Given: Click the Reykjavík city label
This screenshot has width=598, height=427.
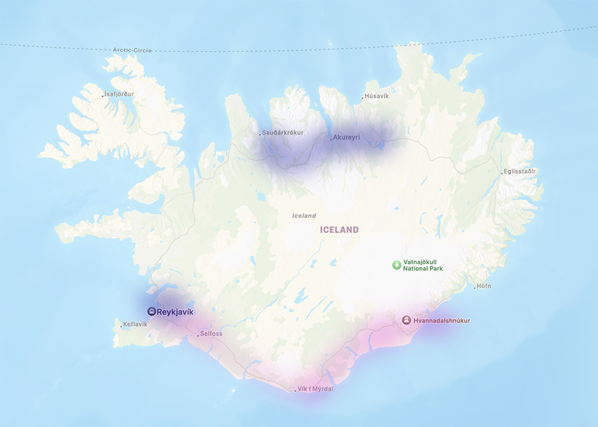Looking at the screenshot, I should [176, 311].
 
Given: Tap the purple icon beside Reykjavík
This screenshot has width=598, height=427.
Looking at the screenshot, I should [151, 311].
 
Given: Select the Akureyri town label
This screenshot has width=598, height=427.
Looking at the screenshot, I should [347, 137].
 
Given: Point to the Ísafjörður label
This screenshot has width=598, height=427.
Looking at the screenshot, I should [120, 94].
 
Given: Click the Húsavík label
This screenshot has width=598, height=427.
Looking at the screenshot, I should [377, 96].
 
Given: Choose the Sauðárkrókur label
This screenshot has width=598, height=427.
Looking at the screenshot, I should [283, 133].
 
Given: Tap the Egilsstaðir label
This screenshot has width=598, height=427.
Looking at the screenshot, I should [520, 171].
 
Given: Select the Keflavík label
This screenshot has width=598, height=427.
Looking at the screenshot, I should [136, 325].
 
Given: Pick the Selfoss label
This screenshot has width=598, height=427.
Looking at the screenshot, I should [211, 333].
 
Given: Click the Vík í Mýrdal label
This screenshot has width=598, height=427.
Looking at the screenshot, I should [316, 388].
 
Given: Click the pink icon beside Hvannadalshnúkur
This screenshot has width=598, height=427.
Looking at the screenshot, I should [406, 320].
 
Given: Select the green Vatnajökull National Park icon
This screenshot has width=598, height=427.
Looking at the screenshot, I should [396, 264].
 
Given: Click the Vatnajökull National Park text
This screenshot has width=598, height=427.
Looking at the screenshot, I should [423, 265].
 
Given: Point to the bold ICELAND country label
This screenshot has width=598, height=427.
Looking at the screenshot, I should [339, 230].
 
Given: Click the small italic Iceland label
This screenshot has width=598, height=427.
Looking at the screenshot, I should [304, 216].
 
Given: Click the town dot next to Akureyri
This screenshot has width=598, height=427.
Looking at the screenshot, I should [331, 139].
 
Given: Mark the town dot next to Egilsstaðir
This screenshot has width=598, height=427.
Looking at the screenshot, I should [502, 173].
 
